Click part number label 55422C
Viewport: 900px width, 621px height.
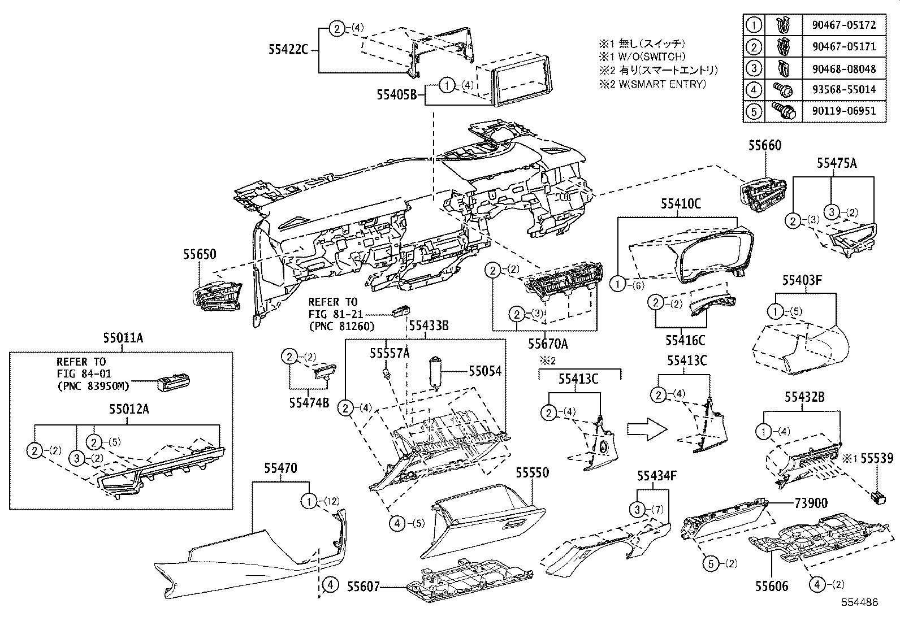click(x=288, y=50)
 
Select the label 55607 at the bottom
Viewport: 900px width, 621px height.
click(x=363, y=588)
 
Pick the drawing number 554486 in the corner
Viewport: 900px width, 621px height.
click(x=859, y=603)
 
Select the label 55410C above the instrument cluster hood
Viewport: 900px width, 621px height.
click(x=681, y=204)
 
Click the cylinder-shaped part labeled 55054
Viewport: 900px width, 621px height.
click(x=435, y=373)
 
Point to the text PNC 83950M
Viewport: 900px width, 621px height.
click(x=93, y=385)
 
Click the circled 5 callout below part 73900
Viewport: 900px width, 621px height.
click(x=712, y=563)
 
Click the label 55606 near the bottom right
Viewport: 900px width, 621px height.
click(x=772, y=586)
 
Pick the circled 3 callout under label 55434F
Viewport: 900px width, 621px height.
click(x=638, y=510)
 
